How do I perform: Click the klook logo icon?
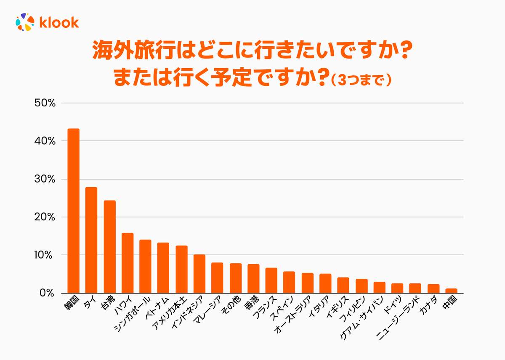point(24,22)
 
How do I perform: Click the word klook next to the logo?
point(59,22)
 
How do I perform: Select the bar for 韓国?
point(74,211)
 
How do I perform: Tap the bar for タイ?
point(91,240)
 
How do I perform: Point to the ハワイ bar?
point(128,263)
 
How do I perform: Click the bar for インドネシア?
point(199,274)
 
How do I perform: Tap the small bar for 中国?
point(451,291)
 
